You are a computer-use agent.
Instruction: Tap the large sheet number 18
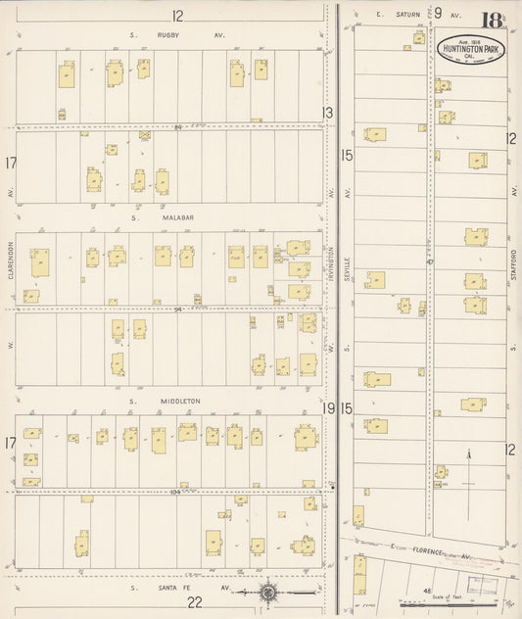(494, 18)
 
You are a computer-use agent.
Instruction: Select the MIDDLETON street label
(176, 401)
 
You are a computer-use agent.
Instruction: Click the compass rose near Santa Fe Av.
(268, 592)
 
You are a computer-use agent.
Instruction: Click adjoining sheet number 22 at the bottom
(195, 602)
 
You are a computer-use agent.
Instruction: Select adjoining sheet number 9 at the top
(439, 13)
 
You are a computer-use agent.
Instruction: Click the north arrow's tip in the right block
(470, 452)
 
